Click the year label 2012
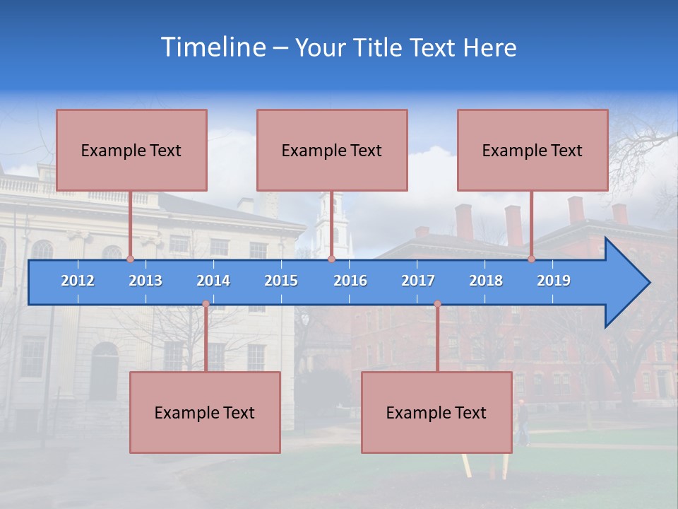click(x=78, y=281)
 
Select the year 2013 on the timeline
click(x=145, y=281)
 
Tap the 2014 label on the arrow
click(x=213, y=281)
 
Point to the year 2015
click(x=281, y=281)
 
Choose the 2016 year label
click(x=350, y=281)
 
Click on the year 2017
click(x=418, y=281)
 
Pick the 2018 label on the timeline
click(x=486, y=281)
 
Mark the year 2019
click(x=554, y=281)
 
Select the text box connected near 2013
click(x=131, y=150)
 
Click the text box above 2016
click(x=332, y=150)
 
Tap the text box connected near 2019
click(x=533, y=150)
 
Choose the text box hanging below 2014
click(x=205, y=412)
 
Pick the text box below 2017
click(x=436, y=412)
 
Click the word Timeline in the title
click(x=213, y=47)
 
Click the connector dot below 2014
click(x=206, y=304)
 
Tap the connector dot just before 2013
click(x=131, y=259)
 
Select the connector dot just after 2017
click(x=437, y=304)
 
